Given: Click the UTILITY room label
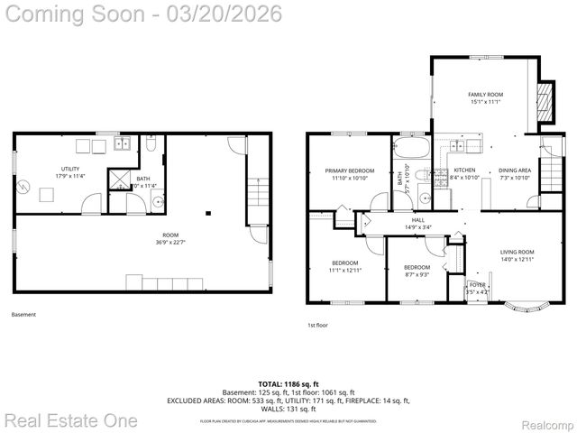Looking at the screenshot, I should [x=69, y=169].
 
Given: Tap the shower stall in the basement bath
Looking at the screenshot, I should [x=119, y=179].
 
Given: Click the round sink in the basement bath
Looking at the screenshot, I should [x=156, y=202].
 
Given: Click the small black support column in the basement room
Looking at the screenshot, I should [x=208, y=213].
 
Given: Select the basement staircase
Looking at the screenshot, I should [x=259, y=192].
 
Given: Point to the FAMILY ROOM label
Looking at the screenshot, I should [x=485, y=94].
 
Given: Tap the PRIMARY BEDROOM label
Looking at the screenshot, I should [x=350, y=170].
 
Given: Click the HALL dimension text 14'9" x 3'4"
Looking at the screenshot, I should [x=418, y=227].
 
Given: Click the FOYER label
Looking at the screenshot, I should [x=477, y=285].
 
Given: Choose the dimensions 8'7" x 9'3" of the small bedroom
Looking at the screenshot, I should [x=417, y=274].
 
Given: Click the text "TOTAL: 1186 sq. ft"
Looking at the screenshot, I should [x=288, y=382].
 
